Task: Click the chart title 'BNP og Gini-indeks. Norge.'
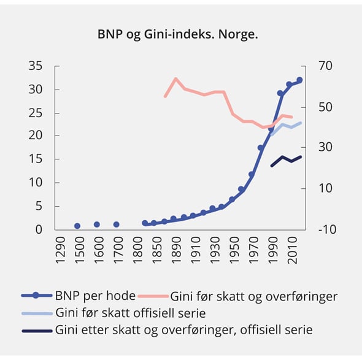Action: coord(178,34)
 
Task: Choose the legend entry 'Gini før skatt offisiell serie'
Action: coord(130,313)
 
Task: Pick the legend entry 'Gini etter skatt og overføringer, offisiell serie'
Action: coord(183,330)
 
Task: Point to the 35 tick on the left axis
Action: coord(37,66)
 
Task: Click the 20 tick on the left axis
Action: coord(37,136)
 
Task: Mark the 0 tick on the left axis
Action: coord(40,229)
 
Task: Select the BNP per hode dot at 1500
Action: coord(77,226)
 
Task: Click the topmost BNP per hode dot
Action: coord(299,80)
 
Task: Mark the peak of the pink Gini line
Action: coord(175,79)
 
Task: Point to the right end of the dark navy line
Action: coord(301,156)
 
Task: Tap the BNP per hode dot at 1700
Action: coord(116,224)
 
